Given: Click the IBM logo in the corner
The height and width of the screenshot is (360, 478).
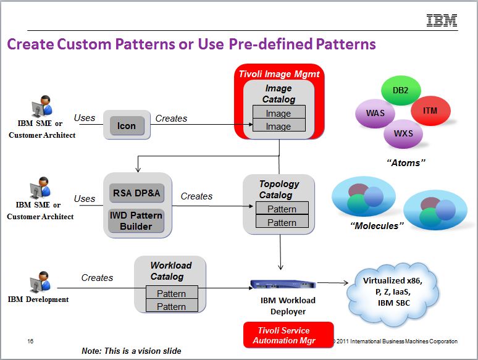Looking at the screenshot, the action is [442, 20].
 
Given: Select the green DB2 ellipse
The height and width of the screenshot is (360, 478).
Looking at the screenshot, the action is [401, 90].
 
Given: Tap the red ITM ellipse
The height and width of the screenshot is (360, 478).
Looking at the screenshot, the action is [430, 111].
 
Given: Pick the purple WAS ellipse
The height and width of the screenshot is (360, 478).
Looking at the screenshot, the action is [375, 114].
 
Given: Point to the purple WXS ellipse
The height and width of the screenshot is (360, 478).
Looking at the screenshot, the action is [403, 133].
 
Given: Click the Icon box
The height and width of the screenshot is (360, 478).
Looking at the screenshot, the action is [127, 125].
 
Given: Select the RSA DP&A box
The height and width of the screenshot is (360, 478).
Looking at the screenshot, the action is [136, 193].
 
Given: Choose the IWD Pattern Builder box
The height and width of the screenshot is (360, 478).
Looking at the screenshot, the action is [136, 221].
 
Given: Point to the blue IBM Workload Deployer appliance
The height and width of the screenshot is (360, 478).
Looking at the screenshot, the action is [283, 284].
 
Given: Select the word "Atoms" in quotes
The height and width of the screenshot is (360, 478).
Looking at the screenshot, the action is [406, 163].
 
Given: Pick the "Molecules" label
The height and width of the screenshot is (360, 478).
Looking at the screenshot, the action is [377, 226].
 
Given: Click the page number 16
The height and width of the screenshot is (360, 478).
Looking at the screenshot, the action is [30, 341].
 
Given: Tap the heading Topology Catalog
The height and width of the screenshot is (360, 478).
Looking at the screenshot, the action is [279, 190].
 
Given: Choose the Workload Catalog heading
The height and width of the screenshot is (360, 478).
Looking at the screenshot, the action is [170, 270].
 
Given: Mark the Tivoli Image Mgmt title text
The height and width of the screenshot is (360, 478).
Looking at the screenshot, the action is [279, 74].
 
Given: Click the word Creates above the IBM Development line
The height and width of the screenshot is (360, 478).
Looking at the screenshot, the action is [97, 278].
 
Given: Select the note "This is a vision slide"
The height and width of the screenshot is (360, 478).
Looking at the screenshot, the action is [132, 351].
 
